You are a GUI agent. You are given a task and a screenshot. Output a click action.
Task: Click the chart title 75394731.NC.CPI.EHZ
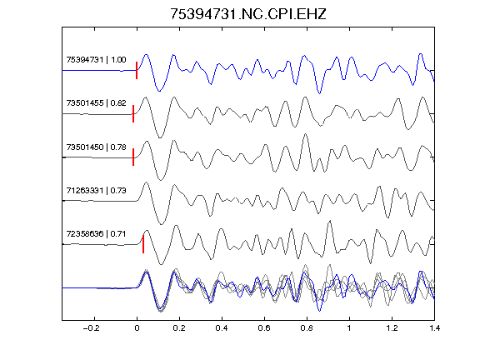(x=248, y=14)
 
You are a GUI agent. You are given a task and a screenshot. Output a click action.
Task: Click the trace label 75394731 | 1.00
(x=96, y=59)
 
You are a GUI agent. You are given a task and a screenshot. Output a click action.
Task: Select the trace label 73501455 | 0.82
(x=96, y=102)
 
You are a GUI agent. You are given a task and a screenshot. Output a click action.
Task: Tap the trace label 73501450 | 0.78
(x=96, y=147)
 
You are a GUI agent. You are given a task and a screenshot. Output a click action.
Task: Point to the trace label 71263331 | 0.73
(x=96, y=190)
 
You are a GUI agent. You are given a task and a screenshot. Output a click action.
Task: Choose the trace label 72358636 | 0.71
(x=96, y=234)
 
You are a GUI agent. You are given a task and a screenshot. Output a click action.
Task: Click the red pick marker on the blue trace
(x=137, y=70)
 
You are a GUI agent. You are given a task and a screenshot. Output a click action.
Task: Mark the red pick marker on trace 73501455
(x=133, y=114)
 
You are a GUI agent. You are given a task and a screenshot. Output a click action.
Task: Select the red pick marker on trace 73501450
(x=133, y=157)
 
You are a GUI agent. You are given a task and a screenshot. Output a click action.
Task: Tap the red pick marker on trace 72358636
(x=143, y=244)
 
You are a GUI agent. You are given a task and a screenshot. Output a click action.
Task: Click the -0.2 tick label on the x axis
(x=91, y=328)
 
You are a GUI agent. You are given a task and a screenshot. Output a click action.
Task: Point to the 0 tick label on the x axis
(x=137, y=328)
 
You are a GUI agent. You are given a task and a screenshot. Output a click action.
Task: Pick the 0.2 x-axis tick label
(x=179, y=328)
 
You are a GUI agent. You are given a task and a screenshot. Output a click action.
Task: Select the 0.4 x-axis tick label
(x=222, y=328)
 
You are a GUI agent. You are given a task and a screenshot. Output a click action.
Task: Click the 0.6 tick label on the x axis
(x=264, y=328)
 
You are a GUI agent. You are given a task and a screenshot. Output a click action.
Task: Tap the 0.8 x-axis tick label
(x=307, y=328)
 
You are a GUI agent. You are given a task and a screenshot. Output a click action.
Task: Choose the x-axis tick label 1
(x=349, y=328)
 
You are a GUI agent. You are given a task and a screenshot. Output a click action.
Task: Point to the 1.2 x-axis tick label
(x=392, y=328)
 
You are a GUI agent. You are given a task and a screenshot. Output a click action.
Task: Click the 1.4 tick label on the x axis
(x=434, y=328)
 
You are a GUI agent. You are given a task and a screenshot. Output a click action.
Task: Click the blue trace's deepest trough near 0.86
(x=320, y=93)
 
